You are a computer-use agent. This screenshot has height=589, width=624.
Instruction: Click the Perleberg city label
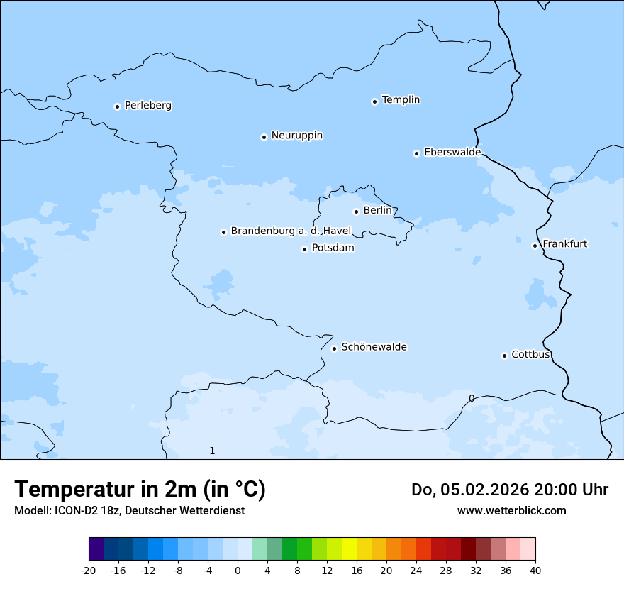click(147, 106)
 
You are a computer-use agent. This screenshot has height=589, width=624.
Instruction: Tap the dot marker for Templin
click(374, 101)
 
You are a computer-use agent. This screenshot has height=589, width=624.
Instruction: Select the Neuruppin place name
click(296, 136)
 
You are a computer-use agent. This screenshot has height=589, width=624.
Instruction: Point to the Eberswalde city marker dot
click(416, 153)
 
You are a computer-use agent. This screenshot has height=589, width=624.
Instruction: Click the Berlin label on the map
click(377, 211)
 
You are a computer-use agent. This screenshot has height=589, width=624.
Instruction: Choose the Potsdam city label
click(333, 248)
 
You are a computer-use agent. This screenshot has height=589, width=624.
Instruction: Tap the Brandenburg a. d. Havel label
click(291, 231)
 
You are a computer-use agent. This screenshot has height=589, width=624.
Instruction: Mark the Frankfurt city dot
click(535, 246)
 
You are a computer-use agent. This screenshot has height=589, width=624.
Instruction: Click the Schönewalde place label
click(374, 347)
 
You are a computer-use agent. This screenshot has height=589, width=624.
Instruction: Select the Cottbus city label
click(530, 355)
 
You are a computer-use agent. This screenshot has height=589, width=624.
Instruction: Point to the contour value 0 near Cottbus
click(472, 398)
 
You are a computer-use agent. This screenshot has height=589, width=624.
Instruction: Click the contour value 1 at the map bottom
click(212, 451)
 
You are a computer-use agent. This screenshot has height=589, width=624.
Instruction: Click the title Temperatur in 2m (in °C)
click(140, 490)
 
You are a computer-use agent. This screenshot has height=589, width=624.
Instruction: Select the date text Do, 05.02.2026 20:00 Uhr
click(509, 490)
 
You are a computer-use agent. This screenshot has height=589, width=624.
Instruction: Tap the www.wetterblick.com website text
click(511, 510)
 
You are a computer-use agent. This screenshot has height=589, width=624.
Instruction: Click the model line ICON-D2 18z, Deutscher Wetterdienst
click(129, 510)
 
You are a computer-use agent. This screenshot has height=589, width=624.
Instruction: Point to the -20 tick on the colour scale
click(89, 570)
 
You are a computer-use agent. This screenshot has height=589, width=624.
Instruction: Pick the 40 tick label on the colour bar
click(535, 570)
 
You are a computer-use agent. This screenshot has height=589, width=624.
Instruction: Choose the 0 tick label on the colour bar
click(238, 570)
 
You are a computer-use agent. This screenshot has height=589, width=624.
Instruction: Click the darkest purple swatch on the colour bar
click(96, 549)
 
